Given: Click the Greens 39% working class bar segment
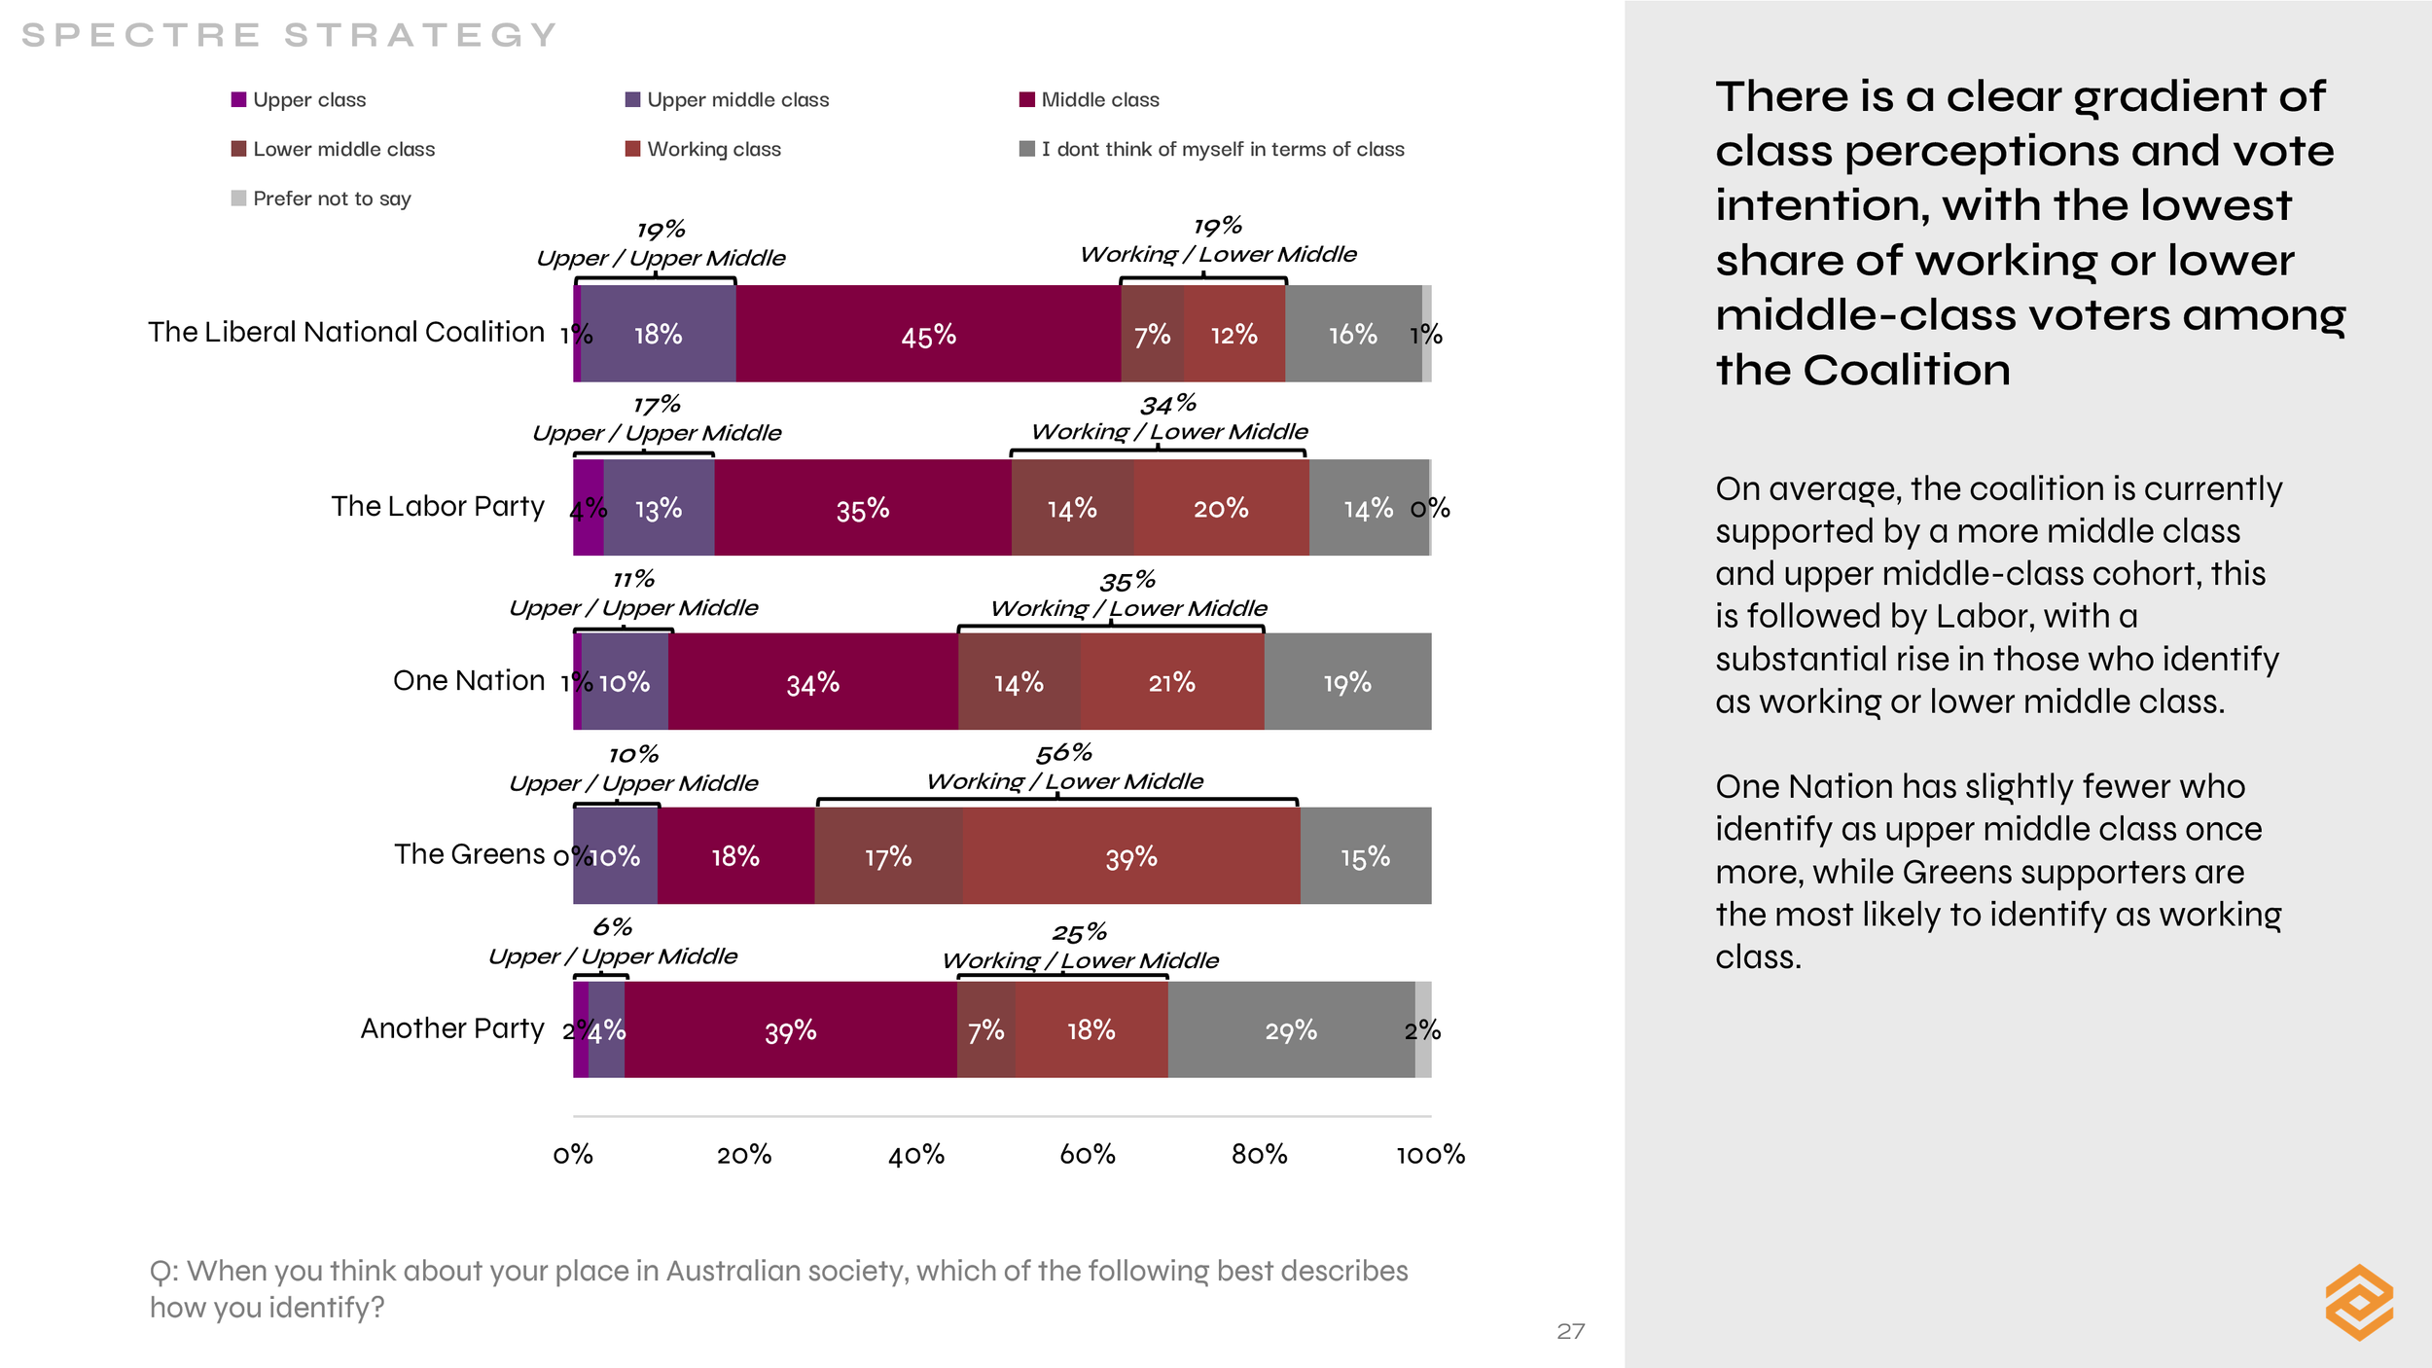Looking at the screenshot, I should (x=1131, y=856).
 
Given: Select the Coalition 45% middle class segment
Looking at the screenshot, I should (x=928, y=335).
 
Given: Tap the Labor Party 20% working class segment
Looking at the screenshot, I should (x=1221, y=508).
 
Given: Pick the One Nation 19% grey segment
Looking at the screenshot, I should (x=1347, y=682).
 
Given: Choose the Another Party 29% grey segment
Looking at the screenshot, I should (x=1291, y=1030).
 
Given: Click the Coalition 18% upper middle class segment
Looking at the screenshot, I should (x=658, y=335).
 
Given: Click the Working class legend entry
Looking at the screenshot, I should (x=713, y=149).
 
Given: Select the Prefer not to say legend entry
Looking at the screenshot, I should (x=331, y=198).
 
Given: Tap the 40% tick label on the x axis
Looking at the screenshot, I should (x=916, y=1155).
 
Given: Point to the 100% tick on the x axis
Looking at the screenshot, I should (x=1430, y=1155).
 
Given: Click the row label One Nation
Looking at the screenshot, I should (x=469, y=680).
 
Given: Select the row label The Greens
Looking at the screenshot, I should (x=469, y=854).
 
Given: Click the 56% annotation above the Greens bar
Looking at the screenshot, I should (x=1063, y=753).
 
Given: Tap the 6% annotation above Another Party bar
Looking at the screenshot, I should (x=613, y=927).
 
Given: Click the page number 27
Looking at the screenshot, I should (x=1570, y=1331).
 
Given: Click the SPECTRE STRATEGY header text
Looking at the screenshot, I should (x=289, y=35).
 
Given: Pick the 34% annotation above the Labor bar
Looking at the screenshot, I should (x=1167, y=404).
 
